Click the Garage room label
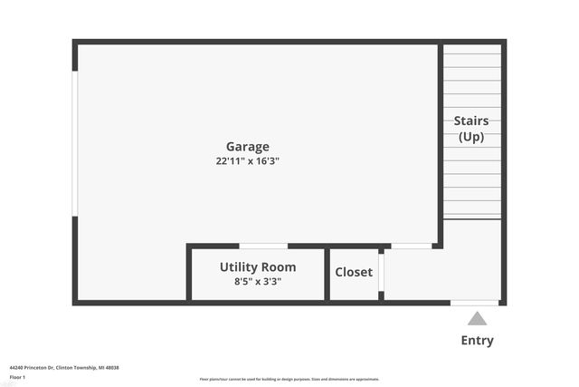coord(247,147)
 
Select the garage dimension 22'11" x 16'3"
coord(247,161)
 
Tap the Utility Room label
coord(258,267)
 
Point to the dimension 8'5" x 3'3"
coord(258,282)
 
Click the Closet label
coord(354,272)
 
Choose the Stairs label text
coord(470,121)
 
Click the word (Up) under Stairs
coord(470,137)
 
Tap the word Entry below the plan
coord(477,341)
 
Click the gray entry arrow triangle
coord(477,318)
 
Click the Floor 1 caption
coord(17,376)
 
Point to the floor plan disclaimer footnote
coord(289,379)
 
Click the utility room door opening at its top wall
coord(263,246)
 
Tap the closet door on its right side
coord(382,271)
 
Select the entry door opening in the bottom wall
coord(475,302)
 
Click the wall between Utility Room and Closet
coord(327,273)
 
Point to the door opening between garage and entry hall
coord(411,246)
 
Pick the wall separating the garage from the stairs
coord(441,136)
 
